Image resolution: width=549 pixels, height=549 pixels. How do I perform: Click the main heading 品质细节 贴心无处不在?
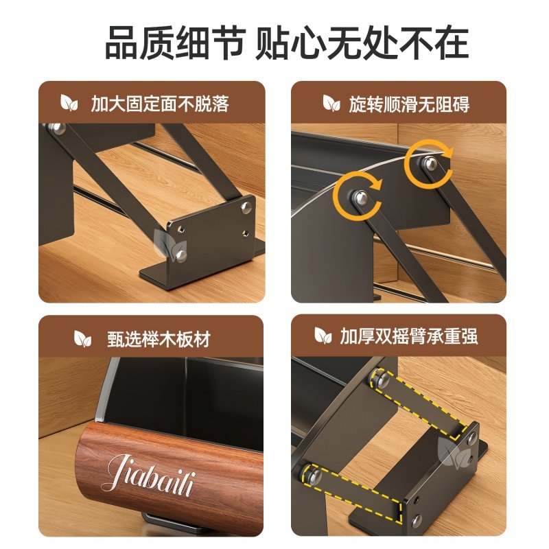(287, 43)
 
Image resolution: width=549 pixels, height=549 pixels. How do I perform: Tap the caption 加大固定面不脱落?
(160, 104)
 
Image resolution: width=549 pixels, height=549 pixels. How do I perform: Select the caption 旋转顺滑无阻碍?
(409, 104)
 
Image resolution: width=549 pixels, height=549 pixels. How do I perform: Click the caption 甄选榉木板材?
(159, 339)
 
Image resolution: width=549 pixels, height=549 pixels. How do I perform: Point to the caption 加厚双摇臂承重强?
(409, 336)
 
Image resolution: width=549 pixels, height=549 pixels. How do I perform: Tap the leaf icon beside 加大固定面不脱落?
(69, 103)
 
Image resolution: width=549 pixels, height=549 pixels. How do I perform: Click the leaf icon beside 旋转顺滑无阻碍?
(331, 103)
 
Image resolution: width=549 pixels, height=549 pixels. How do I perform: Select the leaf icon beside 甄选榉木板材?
(82, 339)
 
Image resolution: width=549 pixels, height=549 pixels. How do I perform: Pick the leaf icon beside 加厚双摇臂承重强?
(323, 336)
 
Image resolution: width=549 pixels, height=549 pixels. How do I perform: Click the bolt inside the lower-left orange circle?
(360, 198)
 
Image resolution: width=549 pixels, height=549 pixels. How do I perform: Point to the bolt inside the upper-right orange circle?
(430, 163)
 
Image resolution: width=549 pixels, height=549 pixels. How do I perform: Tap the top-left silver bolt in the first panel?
(57, 128)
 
